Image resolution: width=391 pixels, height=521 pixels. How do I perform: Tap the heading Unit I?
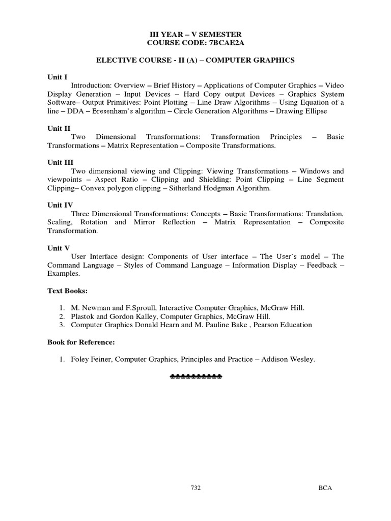click(x=57, y=77)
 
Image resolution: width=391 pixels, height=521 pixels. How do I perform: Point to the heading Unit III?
click(x=61, y=162)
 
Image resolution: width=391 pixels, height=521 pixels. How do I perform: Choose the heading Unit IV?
click(x=60, y=205)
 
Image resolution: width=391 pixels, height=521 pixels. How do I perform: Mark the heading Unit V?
click(x=58, y=248)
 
